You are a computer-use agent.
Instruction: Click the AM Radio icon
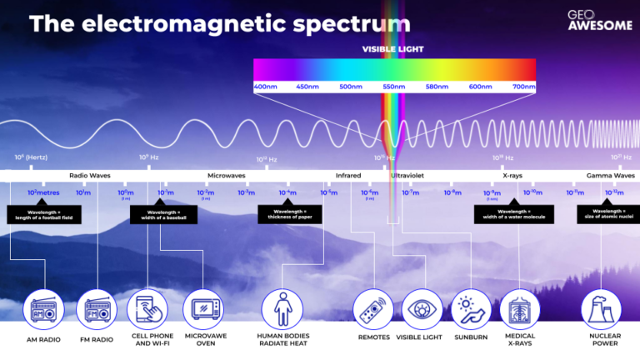(x=43, y=310)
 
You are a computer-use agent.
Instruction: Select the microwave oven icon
(x=202, y=310)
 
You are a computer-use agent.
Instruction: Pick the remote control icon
(x=372, y=310)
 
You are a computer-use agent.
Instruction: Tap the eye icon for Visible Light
(x=421, y=310)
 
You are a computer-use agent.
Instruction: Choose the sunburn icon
(x=471, y=310)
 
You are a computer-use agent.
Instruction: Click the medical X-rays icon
(x=520, y=310)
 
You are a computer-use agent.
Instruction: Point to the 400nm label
(x=266, y=87)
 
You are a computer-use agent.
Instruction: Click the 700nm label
(x=523, y=87)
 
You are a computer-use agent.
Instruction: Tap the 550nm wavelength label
(x=394, y=87)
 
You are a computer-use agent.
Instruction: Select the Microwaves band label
(x=227, y=176)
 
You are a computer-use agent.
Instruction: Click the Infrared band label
(x=348, y=176)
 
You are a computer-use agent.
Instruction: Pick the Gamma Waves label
(x=611, y=176)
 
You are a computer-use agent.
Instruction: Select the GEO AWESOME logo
(x=589, y=20)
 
